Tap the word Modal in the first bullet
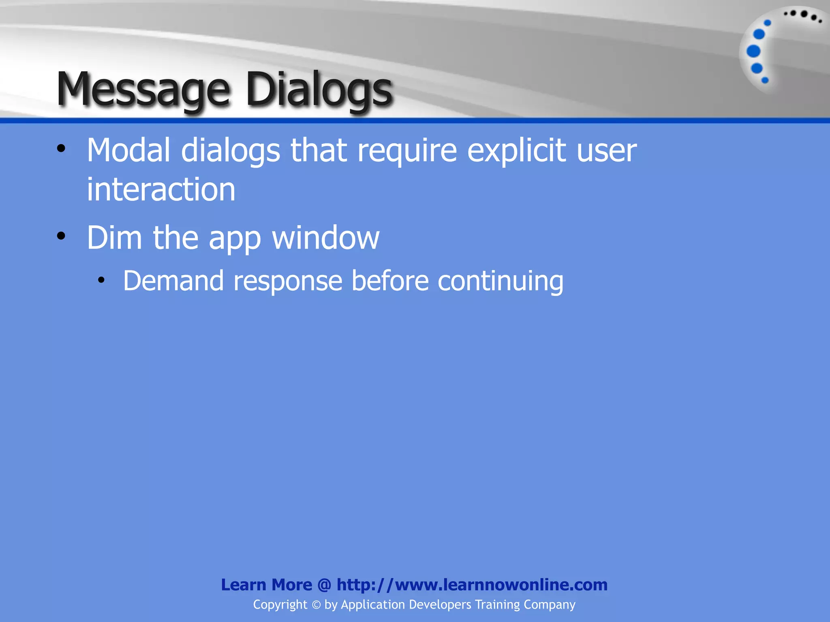[128, 151]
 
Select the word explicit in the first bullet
[517, 151]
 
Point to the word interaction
[161, 190]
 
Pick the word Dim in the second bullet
[114, 238]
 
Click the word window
[326, 238]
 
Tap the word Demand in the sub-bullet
[173, 281]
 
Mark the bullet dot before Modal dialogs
[61, 148]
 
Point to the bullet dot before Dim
[61, 236]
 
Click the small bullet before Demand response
[101, 279]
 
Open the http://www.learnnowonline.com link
[472, 585]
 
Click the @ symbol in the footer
[324, 585]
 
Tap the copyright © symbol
[316, 605]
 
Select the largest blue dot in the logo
[753, 51]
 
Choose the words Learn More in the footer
[266, 585]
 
